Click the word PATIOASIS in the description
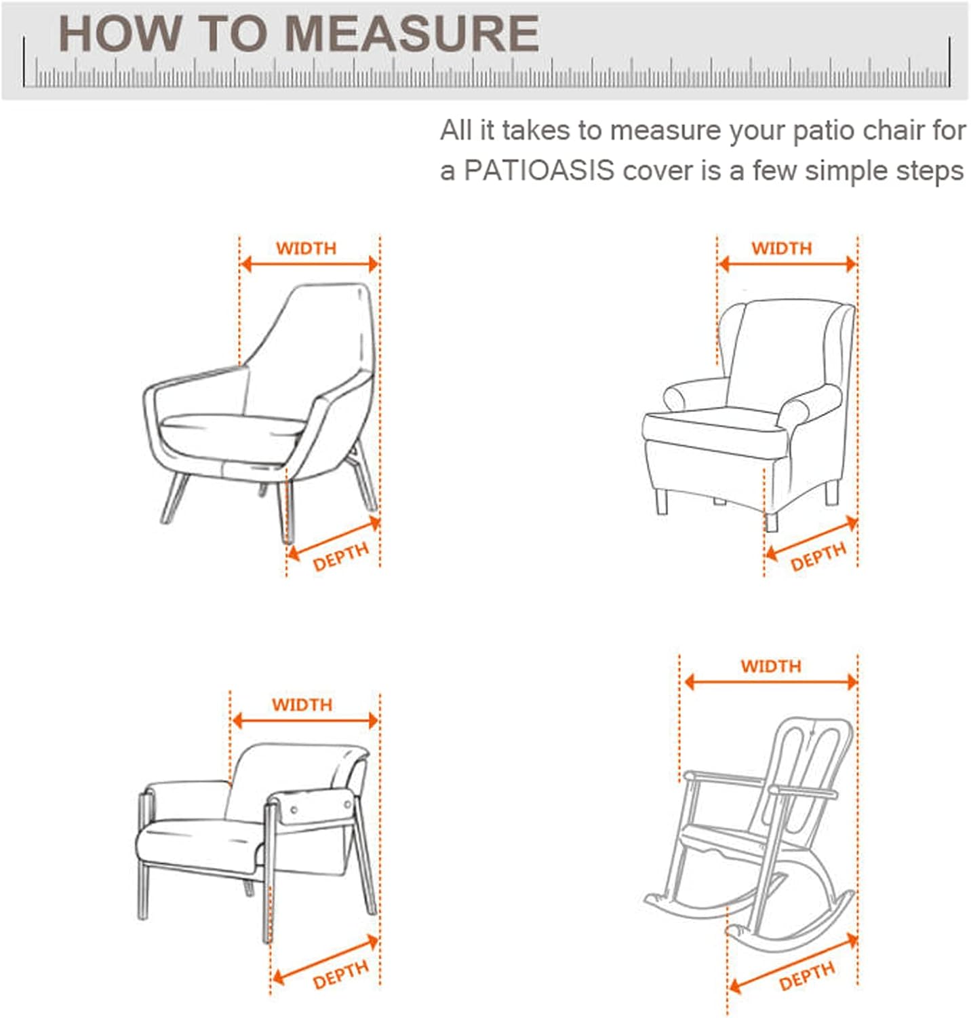[x=539, y=170]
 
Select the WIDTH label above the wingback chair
[x=781, y=248]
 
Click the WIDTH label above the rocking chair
[x=770, y=666]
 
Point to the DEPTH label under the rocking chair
[x=806, y=977]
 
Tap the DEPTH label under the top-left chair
[x=340, y=557]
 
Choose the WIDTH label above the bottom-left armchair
[x=302, y=704]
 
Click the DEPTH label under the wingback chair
[x=818, y=557]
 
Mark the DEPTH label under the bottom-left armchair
[x=340, y=975]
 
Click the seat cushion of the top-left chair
[x=231, y=428]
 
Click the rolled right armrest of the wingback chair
[x=810, y=404]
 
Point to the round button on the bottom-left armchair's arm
[x=294, y=810]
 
